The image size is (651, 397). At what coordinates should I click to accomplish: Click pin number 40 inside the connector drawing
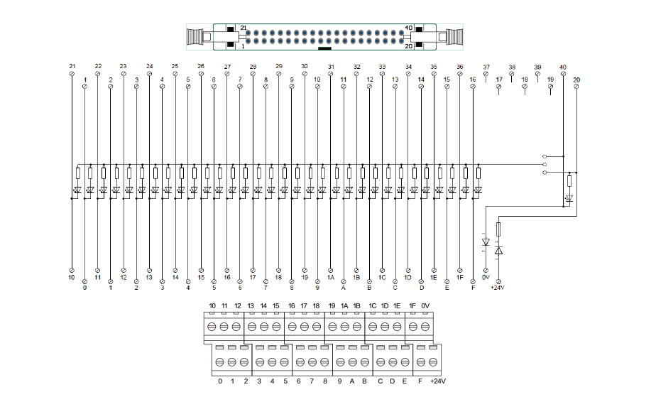pyautogui.click(x=408, y=28)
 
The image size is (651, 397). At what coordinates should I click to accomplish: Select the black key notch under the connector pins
pyautogui.click(x=325, y=49)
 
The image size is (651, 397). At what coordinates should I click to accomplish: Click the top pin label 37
pyautogui.click(x=486, y=67)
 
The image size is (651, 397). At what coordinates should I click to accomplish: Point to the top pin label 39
pyautogui.click(x=537, y=67)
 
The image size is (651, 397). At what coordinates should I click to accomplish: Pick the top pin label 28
pyautogui.click(x=253, y=67)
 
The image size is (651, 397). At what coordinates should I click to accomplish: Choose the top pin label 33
pyautogui.click(x=382, y=67)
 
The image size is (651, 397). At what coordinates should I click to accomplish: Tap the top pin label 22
pyautogui.click(x=97, y=67)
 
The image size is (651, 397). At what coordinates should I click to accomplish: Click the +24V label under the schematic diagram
pyautogui.click(x=498, y=288)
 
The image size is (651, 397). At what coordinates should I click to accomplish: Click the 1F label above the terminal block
pyautogui.click(x=412, y=305)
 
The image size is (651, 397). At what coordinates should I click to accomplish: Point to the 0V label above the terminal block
pyautogui.click(x=425, y=305)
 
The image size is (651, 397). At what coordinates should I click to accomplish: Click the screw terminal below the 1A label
pyautogui.click(x=344, y=327)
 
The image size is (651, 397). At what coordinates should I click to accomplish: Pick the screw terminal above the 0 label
pyautogui.click(x=220, y=362)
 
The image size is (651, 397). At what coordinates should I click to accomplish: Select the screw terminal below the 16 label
pyautogui.click(x=291, y=327)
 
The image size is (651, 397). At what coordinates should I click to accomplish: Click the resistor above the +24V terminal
pyautogui.click(x=498, y=229)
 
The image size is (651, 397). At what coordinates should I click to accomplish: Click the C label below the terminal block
pyautogui.click(x=380, y=381)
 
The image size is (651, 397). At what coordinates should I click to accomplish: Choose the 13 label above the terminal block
pyautogui.click(x=251, y=305)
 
